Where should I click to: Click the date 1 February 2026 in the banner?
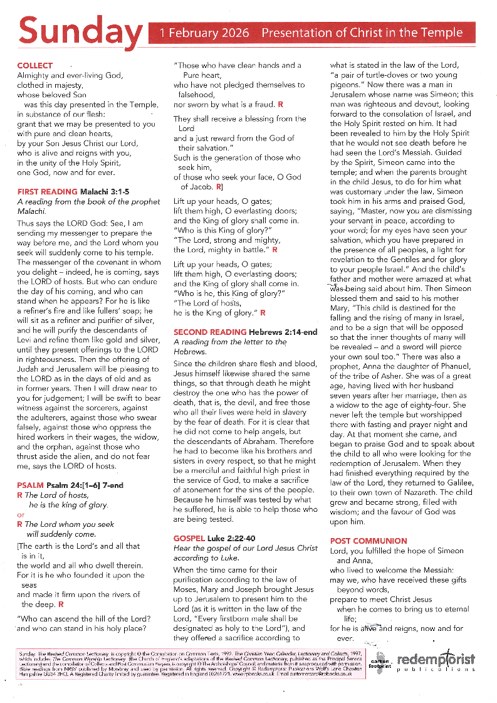204,33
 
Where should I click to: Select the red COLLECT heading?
35,66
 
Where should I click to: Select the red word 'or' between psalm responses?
21,515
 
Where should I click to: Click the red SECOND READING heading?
210,331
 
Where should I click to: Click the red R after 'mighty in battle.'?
275,250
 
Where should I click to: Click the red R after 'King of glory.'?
263,312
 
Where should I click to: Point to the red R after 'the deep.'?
61,605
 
